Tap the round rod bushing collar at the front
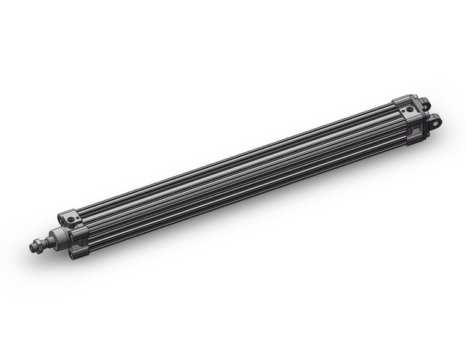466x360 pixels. [58, 237]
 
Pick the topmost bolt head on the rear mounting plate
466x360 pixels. [416, 97]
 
